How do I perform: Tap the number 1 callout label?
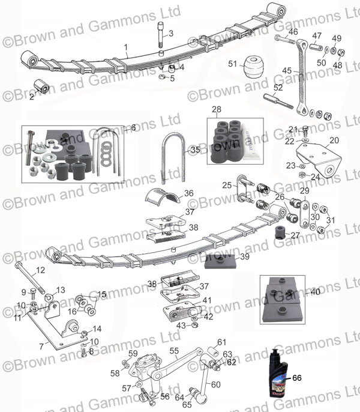pos(126,47)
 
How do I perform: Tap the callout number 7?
pos(41,346)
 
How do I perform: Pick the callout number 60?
pos(215,384)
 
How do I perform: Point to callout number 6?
pos(134,127)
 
